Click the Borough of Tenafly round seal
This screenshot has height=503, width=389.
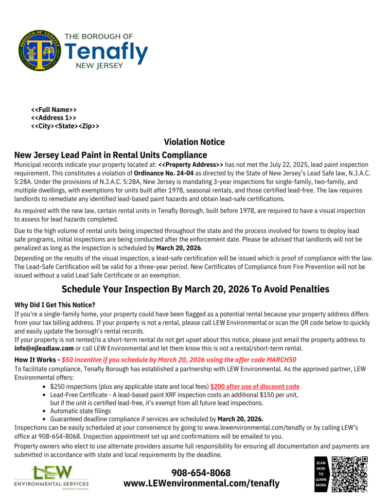click(40, 50)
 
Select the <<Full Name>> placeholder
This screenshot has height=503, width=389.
click(54, 109)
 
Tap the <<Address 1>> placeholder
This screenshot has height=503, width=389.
click(53, 118)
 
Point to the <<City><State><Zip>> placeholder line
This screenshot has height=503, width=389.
click(65, 126)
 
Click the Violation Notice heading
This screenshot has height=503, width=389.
click(194, 142)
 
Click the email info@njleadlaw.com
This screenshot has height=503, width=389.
click(44, 348)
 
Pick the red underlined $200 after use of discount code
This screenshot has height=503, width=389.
click(255, 386)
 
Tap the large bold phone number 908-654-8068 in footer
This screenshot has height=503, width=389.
click(201, 472)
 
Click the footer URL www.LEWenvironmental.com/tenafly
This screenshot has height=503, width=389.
click(201, 483)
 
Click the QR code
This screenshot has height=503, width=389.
click(349, 474)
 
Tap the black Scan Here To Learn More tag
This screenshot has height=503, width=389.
click(321, 474)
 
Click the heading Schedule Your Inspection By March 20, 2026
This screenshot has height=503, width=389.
click(195, 289)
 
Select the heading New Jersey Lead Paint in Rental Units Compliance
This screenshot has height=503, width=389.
click(111, 155)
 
